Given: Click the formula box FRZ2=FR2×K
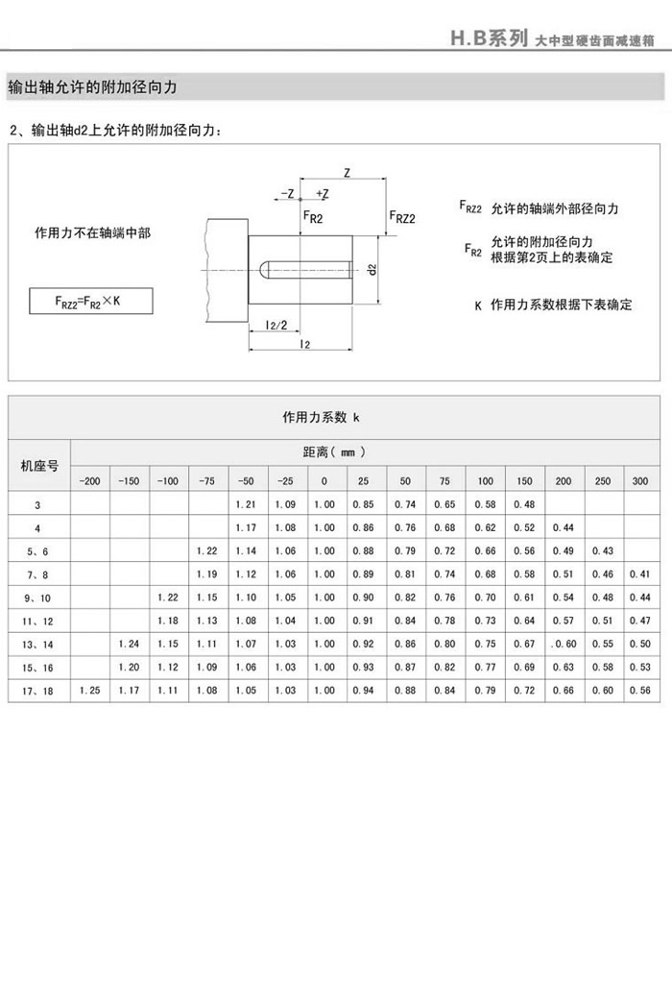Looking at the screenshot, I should (x=88, y=302).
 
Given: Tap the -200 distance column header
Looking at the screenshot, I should (x=89, y=480).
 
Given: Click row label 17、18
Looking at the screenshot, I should (x=38, y=690).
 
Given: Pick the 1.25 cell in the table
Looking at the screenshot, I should (x=89, y=690).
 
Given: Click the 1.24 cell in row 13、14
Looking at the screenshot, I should (x=129, y=643).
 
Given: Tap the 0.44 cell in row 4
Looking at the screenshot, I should (x=564, y=527).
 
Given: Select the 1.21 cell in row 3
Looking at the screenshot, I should (x=246, y=504).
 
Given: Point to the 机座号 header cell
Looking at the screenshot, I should (x=38, y=466).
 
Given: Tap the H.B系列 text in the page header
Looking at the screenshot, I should (x=490, y=38).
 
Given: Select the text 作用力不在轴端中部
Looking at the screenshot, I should (x=92, y=233).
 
